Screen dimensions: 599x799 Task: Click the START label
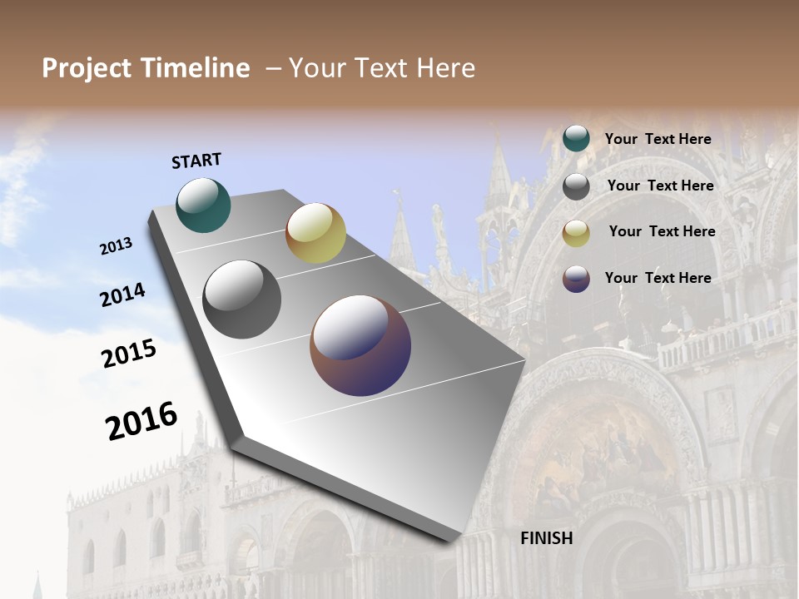tap(196, 161)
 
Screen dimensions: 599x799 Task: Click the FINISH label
tap(547, 538)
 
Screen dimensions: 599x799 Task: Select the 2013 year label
tap(116, 246)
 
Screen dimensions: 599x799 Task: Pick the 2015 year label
tap(129, 354)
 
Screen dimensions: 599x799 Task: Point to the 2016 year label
tap(141, 421)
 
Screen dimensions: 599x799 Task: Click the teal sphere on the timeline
tap(203, 205)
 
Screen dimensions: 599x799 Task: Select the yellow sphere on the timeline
tap(315, 233)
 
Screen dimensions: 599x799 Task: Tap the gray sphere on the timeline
tap(241, 299)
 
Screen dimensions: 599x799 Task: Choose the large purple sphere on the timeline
tap(360, 345)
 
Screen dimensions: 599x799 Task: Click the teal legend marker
tap(576, 139)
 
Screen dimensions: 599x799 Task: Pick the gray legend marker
tap(576, 186)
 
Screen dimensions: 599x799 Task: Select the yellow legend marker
tap(576, 232)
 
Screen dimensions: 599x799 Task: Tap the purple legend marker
tap(576, 278)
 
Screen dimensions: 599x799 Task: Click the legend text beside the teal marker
tap(658, 139)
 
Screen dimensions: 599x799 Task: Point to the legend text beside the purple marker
tap(658, 278)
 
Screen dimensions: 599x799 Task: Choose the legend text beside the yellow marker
tap(662, 231)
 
